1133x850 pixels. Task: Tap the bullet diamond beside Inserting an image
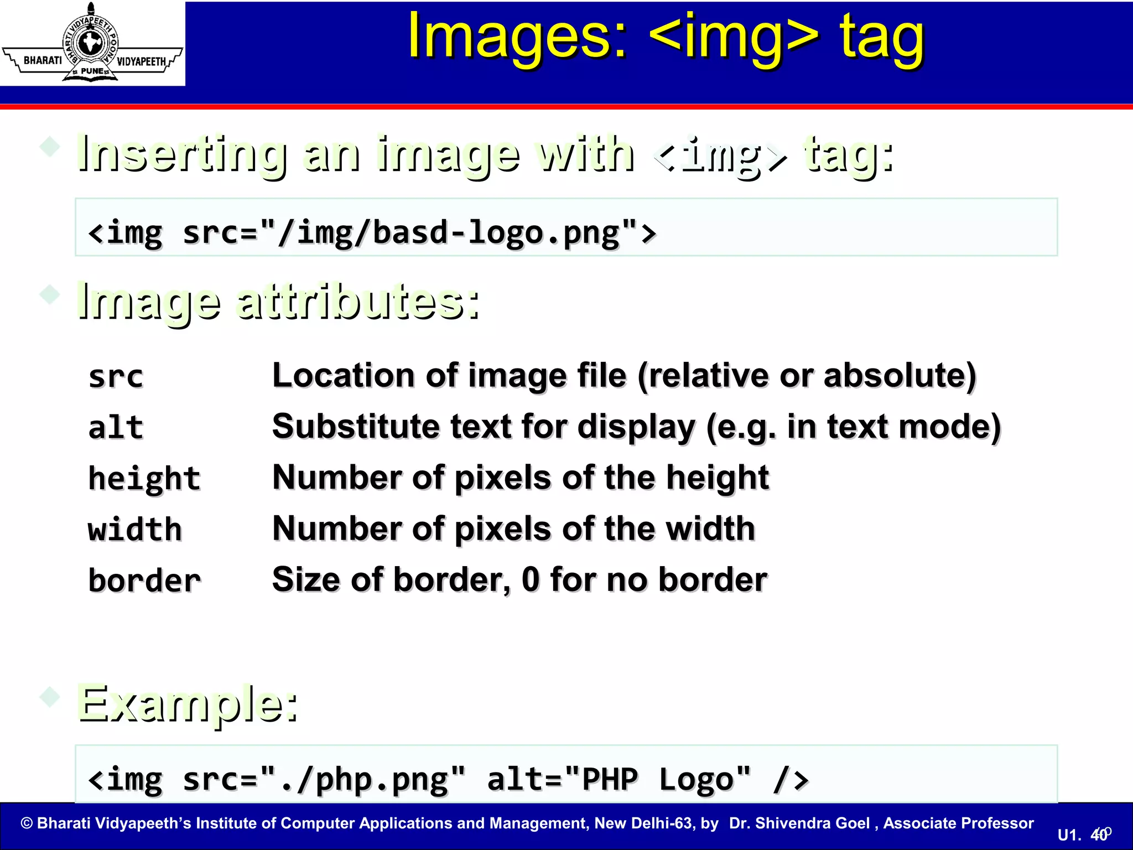coord(50,147)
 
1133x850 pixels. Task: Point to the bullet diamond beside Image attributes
coord(50,294)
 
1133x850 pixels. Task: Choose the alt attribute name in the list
coord(116,427)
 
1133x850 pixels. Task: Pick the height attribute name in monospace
coord(144,479)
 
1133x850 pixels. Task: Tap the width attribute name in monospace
coord(134,530)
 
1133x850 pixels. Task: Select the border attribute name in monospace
coord(144,581)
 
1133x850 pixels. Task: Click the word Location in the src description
coord(343,376)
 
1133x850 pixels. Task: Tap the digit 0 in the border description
coord(530,579)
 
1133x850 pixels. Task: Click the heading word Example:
coord(188,704)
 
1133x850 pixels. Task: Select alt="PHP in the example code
coord(562,779)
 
